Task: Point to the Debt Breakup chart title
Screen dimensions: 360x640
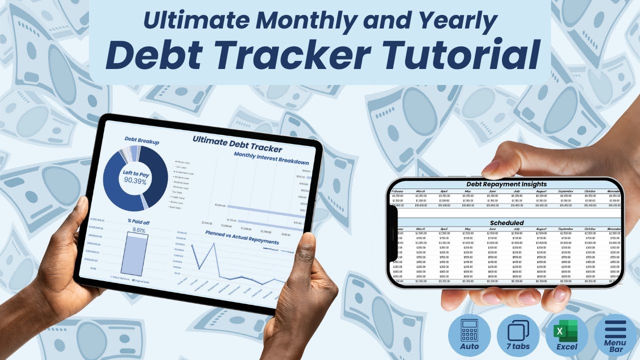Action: (x=141, y=142)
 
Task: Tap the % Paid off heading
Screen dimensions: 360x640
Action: (x=137, y=220)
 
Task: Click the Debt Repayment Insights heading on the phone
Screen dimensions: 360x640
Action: (x=506, y=184)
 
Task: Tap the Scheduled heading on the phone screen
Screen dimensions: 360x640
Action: (x=506, y=222)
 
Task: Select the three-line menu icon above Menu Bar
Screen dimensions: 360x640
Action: (x=615, y=329)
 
